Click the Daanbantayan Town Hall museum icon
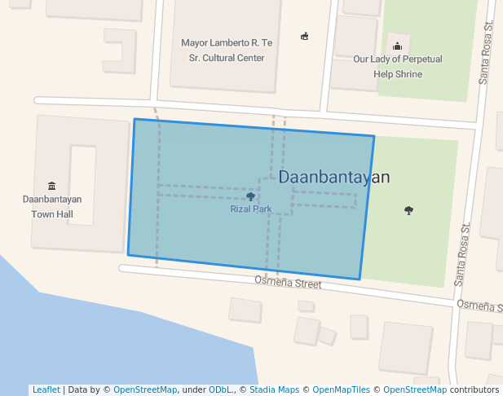coord(52,186)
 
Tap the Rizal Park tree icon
coord(250,196)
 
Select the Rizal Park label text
coord(250,209)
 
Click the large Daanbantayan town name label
coord(334,177)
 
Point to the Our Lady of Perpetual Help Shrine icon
coord(398,46)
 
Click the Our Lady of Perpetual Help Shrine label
coord(398,67)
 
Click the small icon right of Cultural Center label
coord(305,36)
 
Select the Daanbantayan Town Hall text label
coord(52,206)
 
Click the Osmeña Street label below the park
coord(288,282)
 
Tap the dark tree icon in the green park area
coord(408,211)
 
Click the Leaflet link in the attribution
coord(46,389)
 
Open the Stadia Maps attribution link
coord(274,389)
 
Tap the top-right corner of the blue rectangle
coord(374,136)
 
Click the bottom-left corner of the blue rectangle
coord(128,254)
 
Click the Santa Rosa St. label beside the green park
coord(461,254)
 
